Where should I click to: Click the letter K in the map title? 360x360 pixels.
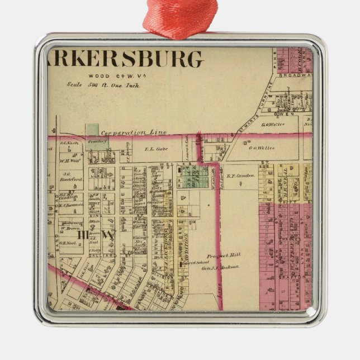(x=82, y=59)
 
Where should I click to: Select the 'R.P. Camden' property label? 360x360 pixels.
(x=241, y=175)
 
